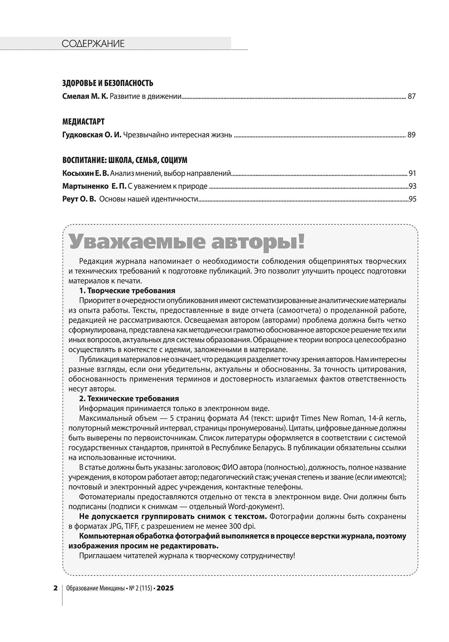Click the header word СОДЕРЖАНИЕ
[x=93, y=44]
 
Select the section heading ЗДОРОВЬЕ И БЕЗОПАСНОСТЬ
[x=108, y=83]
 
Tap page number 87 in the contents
[x=412, y=96]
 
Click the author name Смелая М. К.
[x=85, y=96]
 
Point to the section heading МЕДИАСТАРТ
[x=84, y=122]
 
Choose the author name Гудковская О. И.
[x=92, y=135]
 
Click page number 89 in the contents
[x=412, y=135]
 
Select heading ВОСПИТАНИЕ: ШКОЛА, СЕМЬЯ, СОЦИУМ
[x=125, y=160]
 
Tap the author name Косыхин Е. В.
[x=86, y=173]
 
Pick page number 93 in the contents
[x=412, y=186]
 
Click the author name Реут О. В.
[x=79, y=199]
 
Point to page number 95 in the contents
[x=412, y=199]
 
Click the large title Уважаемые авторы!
[x=186, y=242]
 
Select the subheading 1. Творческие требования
[x=127, y=291]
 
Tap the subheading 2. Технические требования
[x=129, y=398]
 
